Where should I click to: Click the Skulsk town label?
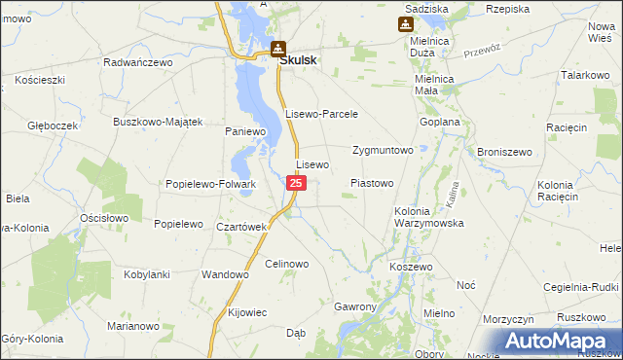click(x=301, y=58)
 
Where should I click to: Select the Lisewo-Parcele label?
click(x=322, y=114)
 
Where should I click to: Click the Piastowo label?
click(x=371, y=183)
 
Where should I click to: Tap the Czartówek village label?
click(x=241, y=227)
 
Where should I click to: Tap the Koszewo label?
click(x=410, y=266)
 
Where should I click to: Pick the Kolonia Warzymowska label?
click(x=429, y=217)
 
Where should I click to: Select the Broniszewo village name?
click(x=502, y=152)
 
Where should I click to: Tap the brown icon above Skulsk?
click(x=278, y=47)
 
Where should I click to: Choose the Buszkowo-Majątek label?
click(x=157, y=122)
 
